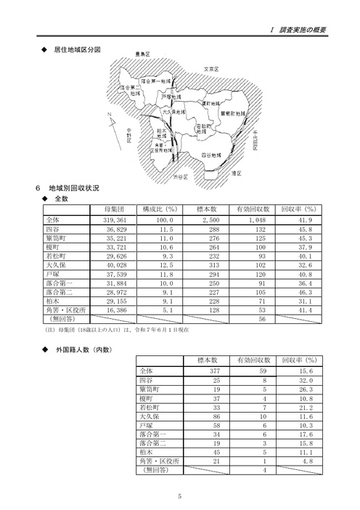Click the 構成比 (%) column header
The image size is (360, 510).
pyautogui.click(x=159, y=209)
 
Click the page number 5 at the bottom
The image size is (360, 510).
pyautogui.click(x=179, y=496)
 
